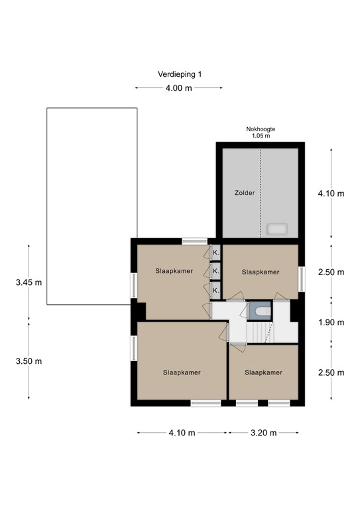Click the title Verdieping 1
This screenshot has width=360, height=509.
pyautogui.click(x=180, y=74)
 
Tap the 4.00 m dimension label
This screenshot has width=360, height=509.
pyautogui.click(x=178, y=88)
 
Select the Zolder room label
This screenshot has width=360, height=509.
pyautogui.click(x=245, y=193)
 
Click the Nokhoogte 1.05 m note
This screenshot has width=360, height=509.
pyautogui.click(x=261, y=133)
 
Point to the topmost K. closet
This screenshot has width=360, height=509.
pyautogui.click(x=216, y=253)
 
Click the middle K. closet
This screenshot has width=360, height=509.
pyautogui.click(x=216, y=270)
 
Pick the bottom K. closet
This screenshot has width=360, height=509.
pyautogui.click(x=216, y=290)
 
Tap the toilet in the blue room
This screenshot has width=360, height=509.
pyautogui.click(x=263, y=311)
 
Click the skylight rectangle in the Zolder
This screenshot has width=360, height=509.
pyautogui.click(x=276, y=229)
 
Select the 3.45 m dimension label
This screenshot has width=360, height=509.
pyautogui.click(x=29, y=282)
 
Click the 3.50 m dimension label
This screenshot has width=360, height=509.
pyautogui.click(x=29, y=361)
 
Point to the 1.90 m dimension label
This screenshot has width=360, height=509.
pyautogui.click(x=331, y=322)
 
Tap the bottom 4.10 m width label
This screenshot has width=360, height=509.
pyautogui.click(x=182, y=433)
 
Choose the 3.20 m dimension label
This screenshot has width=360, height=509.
pyautogui.click(x=264, y=433)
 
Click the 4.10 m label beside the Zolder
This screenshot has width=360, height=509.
pyautogui.click(x=331, y=194)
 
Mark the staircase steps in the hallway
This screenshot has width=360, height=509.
pyautogui.click(x=260, y=332)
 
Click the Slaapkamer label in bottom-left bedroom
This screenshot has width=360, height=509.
pyautogui.click(x=182, y=372)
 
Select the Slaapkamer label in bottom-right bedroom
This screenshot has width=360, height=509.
pyautogui.click(x=263, y=372)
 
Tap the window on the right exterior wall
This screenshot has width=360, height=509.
pyautogui.click(x=302, y=279)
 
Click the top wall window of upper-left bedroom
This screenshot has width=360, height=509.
pyautogui.click(x=194, y=241)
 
